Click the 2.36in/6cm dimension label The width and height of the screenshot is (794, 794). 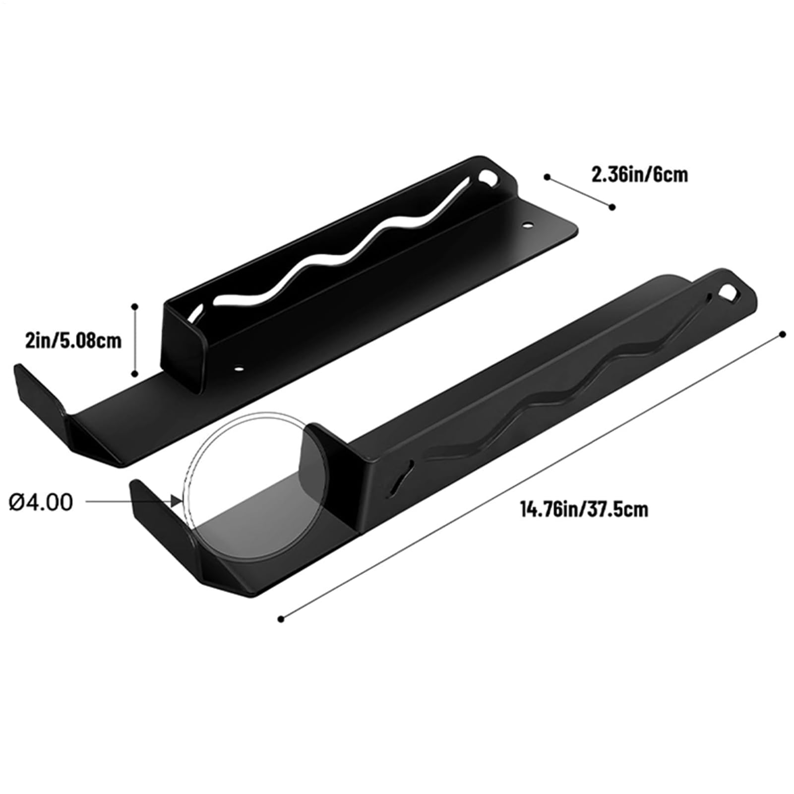click(x=639, y=175)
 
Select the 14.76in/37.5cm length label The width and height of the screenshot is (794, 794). click(x=584, y=509)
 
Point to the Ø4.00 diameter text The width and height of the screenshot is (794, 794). click(x=41, y=502)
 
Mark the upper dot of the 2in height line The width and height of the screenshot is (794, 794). click(x=134, y=307)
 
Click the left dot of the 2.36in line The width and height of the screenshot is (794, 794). click(x=548, y=177)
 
